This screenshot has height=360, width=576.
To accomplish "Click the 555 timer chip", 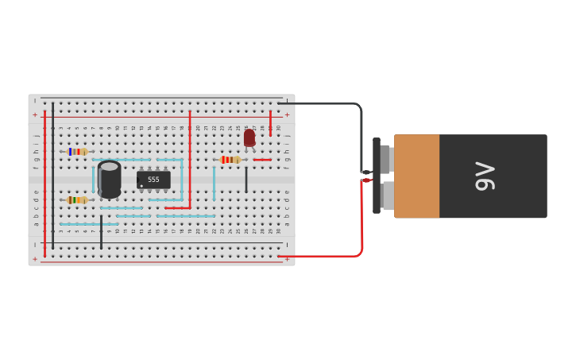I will (x=153, y=180).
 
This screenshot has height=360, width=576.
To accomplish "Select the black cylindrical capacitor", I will (x=110, y=180).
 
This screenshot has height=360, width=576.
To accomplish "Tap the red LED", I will (x=249, y=137).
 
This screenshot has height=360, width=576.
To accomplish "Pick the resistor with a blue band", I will (x=76, y=151).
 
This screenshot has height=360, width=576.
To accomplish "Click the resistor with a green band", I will (x=76, y=200).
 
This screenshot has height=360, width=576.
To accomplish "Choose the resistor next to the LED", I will (x=230, y=160).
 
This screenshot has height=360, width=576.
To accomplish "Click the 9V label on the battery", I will (x=485, y=176).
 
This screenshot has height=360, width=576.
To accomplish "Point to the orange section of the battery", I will (x=416, y=176).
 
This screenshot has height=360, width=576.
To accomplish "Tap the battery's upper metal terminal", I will (x=385, y=159).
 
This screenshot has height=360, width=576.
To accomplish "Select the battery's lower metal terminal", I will (x=387, y=195).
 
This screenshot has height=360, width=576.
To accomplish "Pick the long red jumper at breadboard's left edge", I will (x=44, y=183).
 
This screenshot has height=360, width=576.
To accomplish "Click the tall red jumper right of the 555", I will (x=189, y=159).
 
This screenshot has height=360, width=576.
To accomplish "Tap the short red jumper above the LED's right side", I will (x=270, y=122).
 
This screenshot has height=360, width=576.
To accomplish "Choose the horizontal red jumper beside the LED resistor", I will (x=262, y=160).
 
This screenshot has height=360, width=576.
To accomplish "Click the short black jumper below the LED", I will (x=246, y=180).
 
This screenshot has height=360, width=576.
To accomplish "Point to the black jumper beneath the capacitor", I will (x=101, y=232).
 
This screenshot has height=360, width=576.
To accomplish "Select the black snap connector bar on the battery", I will (x=377, y=176).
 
